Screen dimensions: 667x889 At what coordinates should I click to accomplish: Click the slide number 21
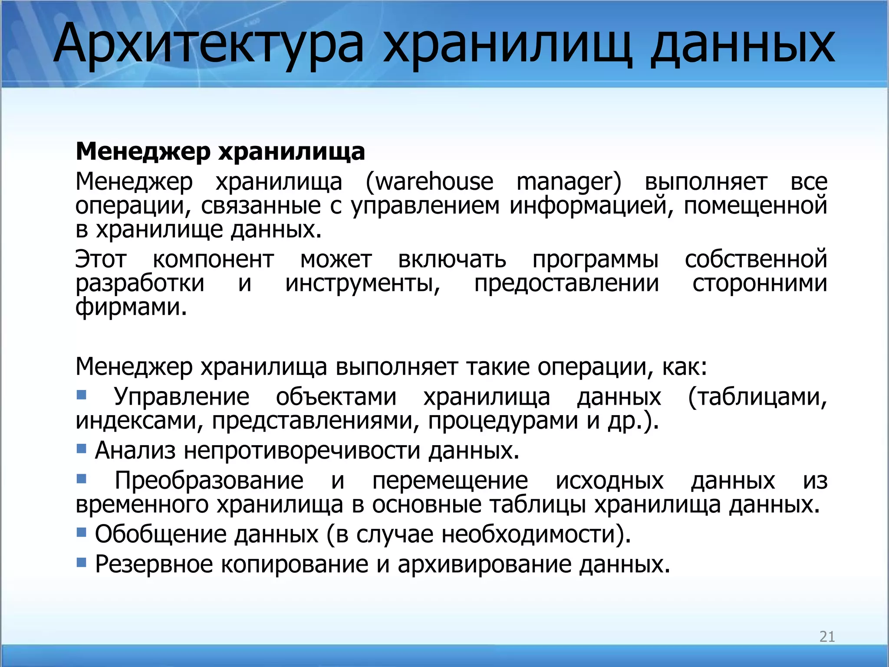827,637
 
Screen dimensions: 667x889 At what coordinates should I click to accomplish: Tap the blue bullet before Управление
81,395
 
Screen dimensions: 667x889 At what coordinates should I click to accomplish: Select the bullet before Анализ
81,448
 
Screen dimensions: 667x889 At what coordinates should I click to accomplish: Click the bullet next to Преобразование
81,479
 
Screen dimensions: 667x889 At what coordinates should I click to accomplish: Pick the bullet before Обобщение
81,532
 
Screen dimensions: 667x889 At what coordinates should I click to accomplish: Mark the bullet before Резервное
81,562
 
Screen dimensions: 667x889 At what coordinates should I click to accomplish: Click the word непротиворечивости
302,450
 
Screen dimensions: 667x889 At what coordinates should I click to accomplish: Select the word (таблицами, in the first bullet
757,397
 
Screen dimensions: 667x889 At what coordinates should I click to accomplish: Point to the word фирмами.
131,307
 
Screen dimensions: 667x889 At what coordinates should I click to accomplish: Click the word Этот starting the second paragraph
101,260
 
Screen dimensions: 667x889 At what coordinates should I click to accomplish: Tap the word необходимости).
537,534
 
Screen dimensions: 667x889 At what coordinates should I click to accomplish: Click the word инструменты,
363,284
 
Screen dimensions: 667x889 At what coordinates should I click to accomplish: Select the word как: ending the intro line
685,367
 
